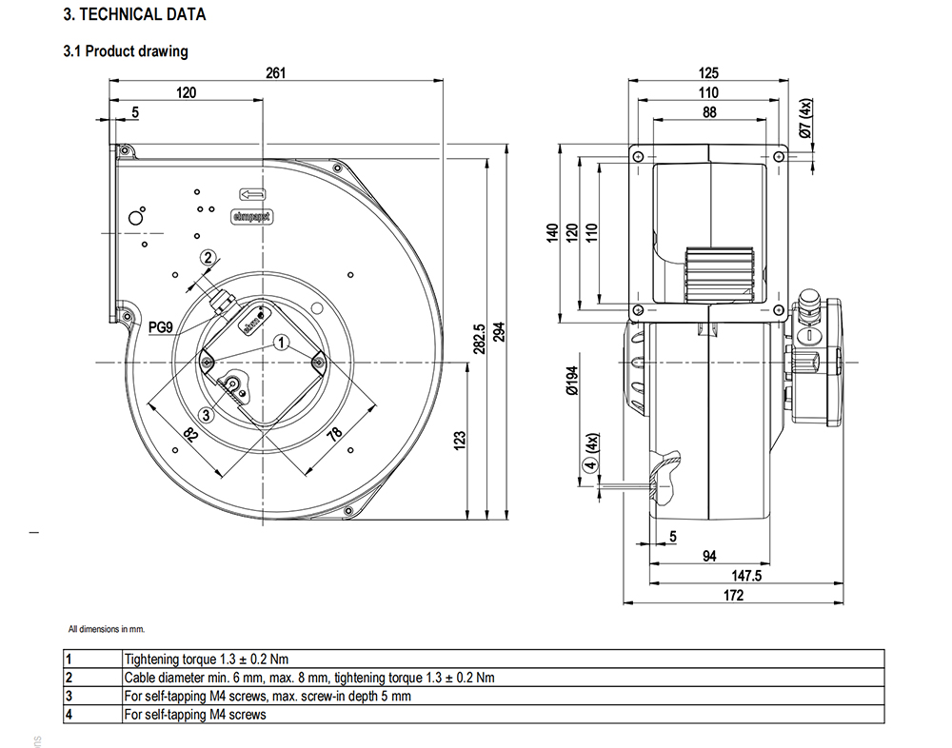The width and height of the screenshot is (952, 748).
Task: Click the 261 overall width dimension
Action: click(276, 73)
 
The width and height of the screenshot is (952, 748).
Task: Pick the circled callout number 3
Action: click(208, 414)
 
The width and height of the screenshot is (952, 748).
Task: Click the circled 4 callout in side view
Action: click(590, 465)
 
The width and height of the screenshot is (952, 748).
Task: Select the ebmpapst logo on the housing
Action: click(251, 216)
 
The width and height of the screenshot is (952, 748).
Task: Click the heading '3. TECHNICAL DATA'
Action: click(133, 15)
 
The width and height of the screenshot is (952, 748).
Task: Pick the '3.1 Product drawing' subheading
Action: click(125, 51)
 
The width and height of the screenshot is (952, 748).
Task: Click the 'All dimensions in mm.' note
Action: click(106, 629)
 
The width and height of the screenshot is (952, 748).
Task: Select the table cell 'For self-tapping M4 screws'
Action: click(195, 714)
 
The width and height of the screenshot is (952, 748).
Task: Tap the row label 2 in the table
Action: click(69, 678)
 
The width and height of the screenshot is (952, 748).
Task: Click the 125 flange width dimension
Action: click(708, 73)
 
